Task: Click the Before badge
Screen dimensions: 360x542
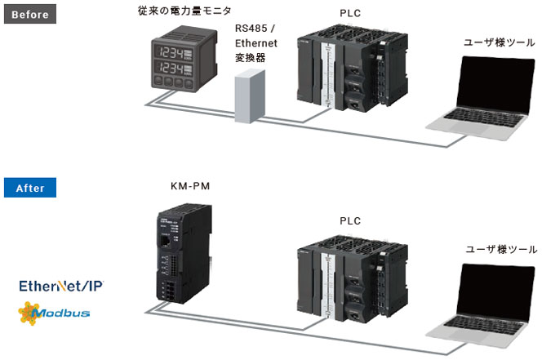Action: pyautogui.click(x=31, y=15)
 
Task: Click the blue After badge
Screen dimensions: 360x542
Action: pyautogui.click(x=30, y=187)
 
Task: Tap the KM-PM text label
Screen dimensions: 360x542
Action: pyautogui.click(x=190, y=187)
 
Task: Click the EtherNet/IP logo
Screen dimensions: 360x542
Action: pyautogui.click(x=62, y=286)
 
